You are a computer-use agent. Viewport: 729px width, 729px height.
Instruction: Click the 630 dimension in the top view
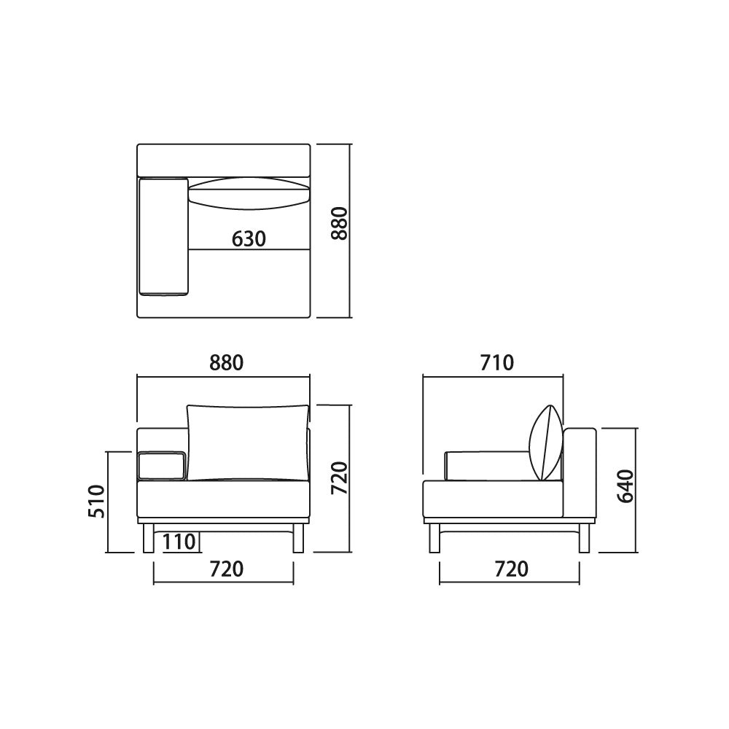point(249,239)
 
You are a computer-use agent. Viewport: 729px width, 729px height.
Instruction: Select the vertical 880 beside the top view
point(340,224)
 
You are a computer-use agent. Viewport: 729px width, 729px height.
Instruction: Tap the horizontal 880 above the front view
point(227,362)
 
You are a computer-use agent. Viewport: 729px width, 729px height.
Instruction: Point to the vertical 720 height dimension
point(340,478)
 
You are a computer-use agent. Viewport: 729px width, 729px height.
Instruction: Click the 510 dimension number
point(97,502)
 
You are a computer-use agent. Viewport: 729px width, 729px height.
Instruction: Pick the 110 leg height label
point(179,542)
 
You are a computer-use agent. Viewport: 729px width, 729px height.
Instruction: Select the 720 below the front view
point(227,569)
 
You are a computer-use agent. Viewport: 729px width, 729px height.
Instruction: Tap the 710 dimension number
point(497,362)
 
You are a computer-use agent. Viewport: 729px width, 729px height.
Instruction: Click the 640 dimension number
point(625,486)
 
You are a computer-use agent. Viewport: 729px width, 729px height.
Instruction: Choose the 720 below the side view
point(512,569)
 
